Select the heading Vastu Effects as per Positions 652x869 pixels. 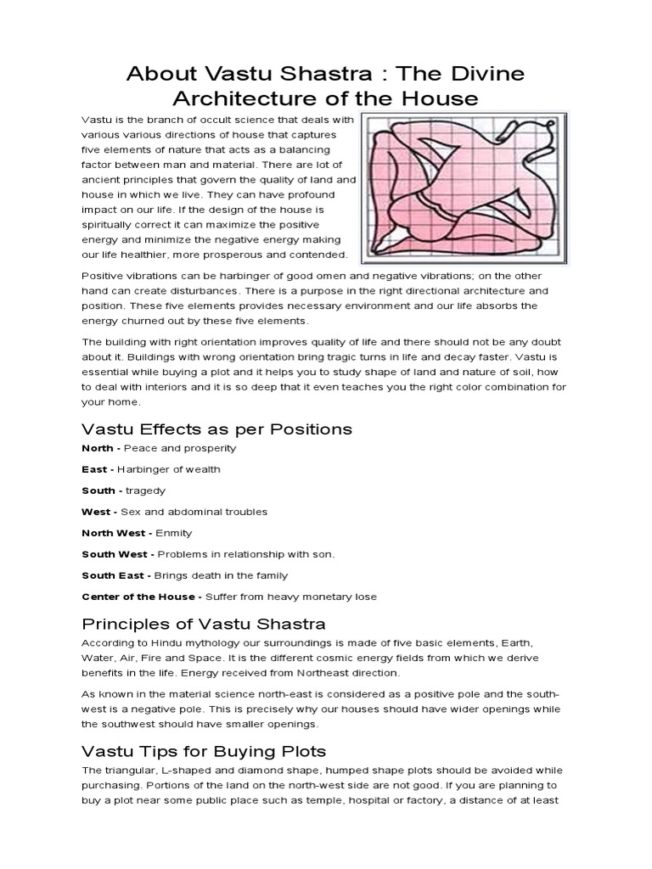click(216, 429)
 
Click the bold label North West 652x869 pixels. click(115, 533)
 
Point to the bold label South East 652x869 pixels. click(115, 575)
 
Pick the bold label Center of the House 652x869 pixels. click(138, 597)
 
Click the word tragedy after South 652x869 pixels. click(148, 491)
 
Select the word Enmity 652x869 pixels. click(174, 533)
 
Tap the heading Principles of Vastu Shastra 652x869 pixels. click(203, 625)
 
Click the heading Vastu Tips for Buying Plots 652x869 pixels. click(203, 751)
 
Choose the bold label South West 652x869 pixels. click(115, 554)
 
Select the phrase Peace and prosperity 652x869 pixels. click(180, 448)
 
